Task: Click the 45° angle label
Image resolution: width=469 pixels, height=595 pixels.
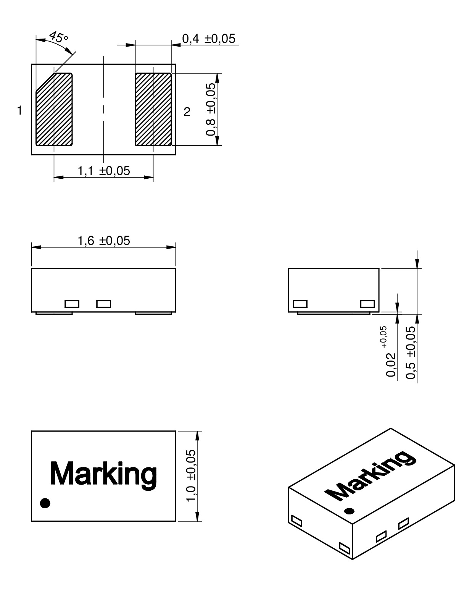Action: coord(58,37)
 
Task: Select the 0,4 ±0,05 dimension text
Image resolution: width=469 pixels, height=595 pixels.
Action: coord(208,39)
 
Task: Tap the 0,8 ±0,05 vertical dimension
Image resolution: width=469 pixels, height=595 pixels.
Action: coord(211,110)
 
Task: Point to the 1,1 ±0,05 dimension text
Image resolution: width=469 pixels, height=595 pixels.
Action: coord(104,171)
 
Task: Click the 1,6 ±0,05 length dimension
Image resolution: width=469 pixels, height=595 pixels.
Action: coord(104,241)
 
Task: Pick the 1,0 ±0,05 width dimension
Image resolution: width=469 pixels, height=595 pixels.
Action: coord(191,476)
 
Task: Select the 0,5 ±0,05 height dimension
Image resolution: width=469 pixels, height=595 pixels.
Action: coord(411,352)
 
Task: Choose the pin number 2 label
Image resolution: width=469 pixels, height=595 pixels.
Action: coord(187,112)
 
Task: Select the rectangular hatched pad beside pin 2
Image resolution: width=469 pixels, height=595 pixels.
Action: coord(153,110)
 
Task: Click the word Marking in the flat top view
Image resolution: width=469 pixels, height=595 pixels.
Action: coord(103,473)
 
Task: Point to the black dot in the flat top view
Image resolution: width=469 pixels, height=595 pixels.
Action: coord(45,503)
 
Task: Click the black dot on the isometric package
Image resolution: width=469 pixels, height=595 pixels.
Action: coord(349,511)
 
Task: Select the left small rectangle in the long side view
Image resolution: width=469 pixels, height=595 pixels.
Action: coord(72,304)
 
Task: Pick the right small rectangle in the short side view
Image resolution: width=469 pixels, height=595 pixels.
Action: coord(368,304)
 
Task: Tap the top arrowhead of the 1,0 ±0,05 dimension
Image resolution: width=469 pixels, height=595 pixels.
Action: coord(197,435)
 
